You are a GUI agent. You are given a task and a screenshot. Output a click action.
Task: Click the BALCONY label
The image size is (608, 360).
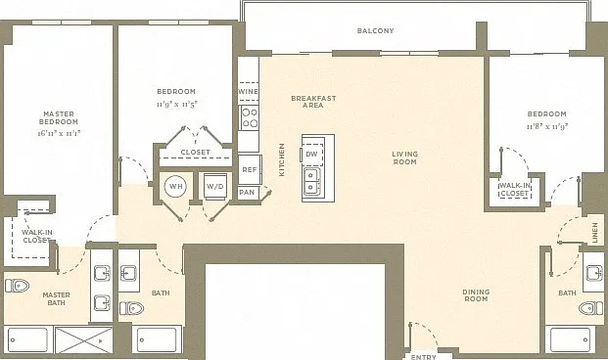pos(375,30)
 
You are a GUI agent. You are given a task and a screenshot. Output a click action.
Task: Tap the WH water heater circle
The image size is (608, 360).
pos(175,187)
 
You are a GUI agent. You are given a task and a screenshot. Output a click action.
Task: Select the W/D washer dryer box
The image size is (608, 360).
pos(214,187)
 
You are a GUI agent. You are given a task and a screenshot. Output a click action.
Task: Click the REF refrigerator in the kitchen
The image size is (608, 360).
pos(250,170)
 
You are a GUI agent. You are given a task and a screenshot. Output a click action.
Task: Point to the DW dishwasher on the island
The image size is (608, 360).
pos(311,154)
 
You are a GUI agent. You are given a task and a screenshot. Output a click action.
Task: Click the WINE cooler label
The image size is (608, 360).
pos(248,91)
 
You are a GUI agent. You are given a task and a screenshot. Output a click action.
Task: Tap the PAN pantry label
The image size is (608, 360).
pos(247,192)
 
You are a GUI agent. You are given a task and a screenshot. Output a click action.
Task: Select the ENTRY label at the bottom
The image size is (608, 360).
pos(423,357)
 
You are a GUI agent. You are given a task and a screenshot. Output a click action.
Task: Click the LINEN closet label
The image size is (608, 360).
pos(595,233)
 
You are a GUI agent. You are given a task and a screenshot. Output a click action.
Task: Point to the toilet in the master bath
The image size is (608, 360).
pos(17,286)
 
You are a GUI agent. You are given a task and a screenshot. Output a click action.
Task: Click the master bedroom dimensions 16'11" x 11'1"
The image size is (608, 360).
pos(59,133)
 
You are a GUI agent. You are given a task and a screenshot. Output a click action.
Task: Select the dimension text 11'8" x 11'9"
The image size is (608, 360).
pos(547,127)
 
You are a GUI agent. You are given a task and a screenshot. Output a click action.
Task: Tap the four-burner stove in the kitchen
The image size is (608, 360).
pos(250,117)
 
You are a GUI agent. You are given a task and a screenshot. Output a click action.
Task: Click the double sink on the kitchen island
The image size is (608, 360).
pos(311,182)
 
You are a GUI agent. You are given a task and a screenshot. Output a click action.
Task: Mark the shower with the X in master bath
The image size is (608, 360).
pos(84,340)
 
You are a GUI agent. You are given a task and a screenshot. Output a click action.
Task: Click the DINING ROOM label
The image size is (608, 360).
pos(476,295)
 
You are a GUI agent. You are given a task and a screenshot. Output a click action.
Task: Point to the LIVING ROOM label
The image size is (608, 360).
pos(404,157)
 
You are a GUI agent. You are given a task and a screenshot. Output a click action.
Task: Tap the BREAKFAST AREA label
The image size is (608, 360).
pos(313,102)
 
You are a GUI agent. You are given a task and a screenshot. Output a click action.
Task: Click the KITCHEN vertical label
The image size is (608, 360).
pos(282,159)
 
